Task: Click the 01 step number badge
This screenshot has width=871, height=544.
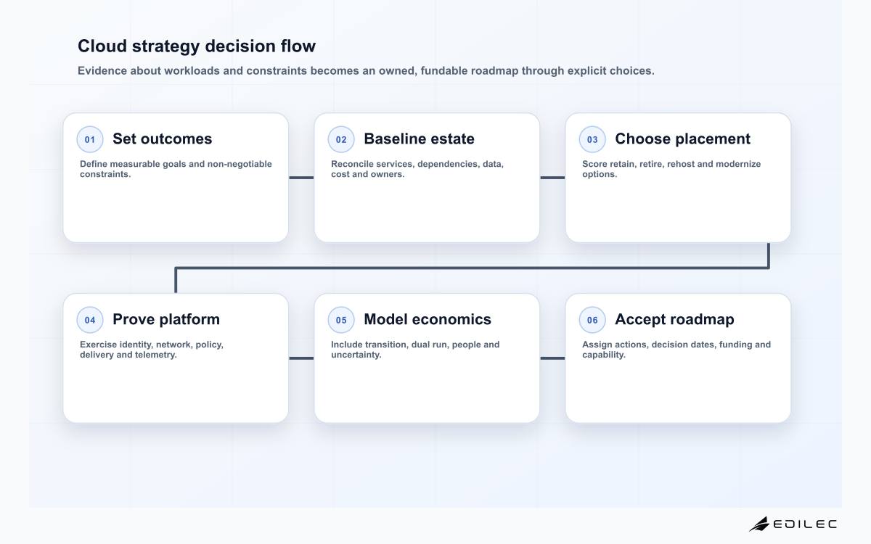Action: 90,139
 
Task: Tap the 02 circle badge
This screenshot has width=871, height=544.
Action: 341,139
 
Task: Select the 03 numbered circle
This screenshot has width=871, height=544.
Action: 592,139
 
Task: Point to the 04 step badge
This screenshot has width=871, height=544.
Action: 90,320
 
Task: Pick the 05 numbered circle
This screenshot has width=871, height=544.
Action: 341,320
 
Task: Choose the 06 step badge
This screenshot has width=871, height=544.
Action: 592,320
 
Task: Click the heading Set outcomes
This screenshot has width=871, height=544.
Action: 162,139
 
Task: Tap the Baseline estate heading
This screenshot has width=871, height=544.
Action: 420,139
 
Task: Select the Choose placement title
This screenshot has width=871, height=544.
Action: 682,139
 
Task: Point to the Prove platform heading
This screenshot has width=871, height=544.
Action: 166,319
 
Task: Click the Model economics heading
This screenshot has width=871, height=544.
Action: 428,319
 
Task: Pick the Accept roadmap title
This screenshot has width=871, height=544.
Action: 674,319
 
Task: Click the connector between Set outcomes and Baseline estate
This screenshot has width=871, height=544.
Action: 301,178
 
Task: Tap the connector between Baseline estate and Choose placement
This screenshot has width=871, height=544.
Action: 552,178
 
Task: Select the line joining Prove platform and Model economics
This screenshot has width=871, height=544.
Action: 301,358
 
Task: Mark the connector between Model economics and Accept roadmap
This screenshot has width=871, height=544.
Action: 552,358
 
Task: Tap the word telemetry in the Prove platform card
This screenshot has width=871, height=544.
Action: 155,355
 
